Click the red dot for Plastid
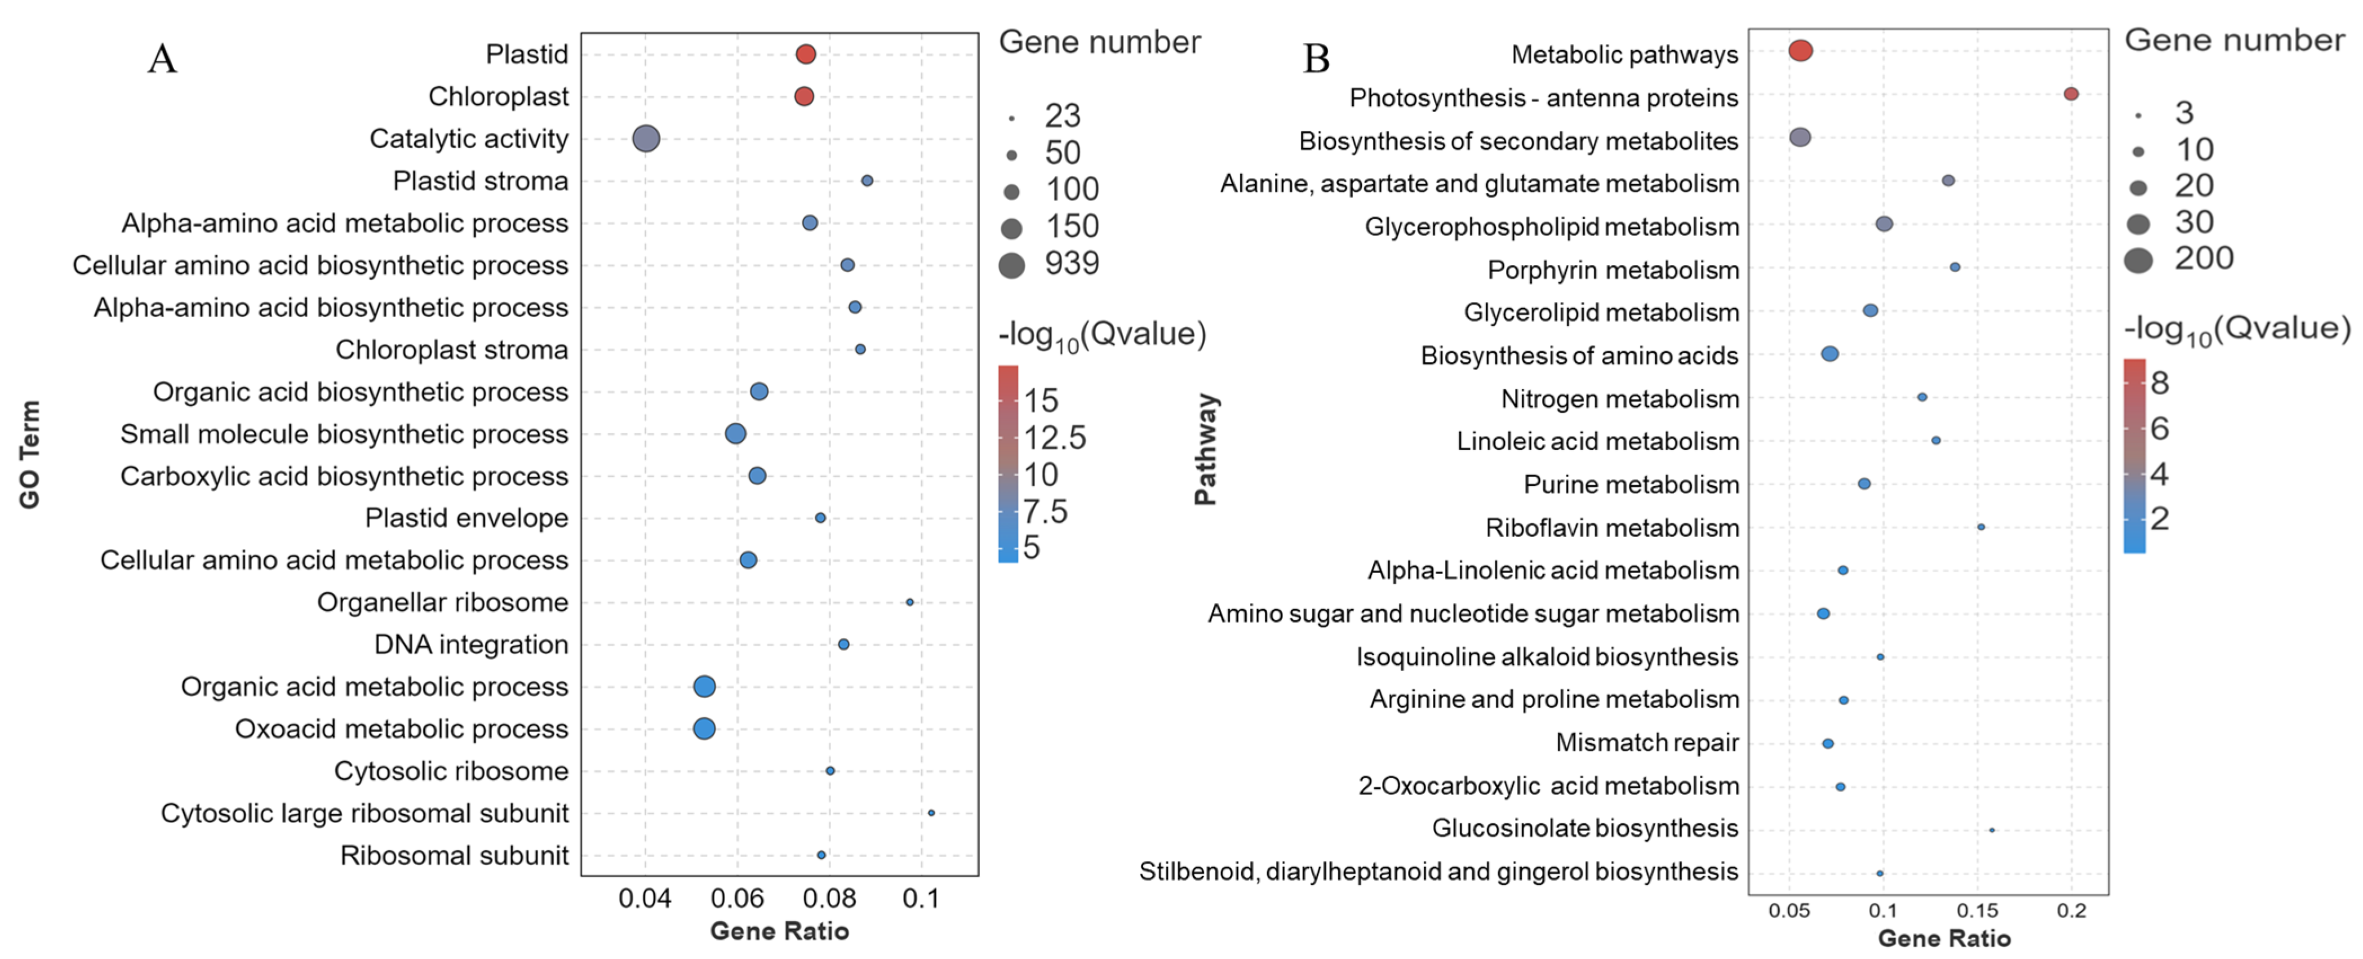pos(805,54)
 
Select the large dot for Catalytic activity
pos(646,139)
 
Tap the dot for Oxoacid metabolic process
pos(704,729)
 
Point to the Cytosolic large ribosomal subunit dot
pos(931,813)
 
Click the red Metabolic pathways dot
pos(1800,51)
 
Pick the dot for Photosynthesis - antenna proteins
pos(2071,94)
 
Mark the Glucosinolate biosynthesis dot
pos(1992,829)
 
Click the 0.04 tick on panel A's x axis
pos(645,899)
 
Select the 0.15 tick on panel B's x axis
pos(1977,911)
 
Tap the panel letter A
pos(162,59)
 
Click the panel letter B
pos(1316,59)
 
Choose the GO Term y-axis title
pos(30,454)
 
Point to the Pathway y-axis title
pos(1205,450)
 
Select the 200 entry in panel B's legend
pos(2204,259)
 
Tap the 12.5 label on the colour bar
pos(1055,438)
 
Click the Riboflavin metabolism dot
pos(1980,527)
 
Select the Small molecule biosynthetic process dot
pos(735,433)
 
